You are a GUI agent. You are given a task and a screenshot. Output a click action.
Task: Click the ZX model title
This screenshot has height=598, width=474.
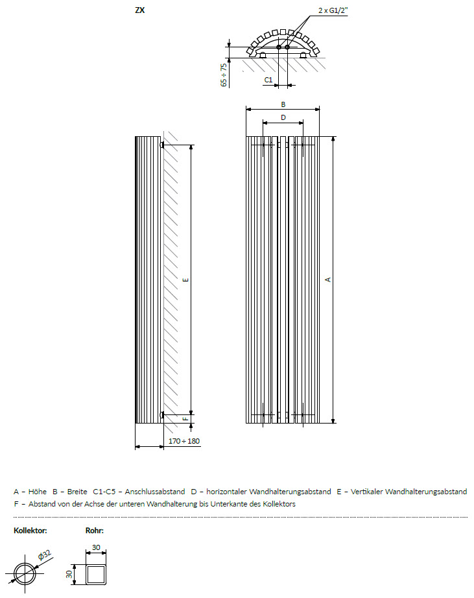pos(140,10)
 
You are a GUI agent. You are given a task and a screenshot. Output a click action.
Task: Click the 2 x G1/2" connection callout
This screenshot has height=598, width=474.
pos(333,10)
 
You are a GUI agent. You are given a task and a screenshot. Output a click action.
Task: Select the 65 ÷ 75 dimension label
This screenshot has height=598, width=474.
pos(224,75)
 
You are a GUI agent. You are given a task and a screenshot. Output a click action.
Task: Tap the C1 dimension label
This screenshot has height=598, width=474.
pos(268,80)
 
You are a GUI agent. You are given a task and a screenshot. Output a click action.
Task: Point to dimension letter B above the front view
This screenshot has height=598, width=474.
pos(283,104)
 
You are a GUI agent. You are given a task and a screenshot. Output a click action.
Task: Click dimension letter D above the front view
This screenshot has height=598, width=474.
pos(283,117)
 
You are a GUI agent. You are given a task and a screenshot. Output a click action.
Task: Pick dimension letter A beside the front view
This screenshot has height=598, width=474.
pos(328,280)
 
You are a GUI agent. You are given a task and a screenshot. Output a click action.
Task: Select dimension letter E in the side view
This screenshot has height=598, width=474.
pos(185,280)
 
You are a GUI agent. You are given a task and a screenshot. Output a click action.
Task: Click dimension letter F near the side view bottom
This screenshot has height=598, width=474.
pos(185,419)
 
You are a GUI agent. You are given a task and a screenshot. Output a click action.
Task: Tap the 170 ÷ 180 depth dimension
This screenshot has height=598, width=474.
pos(184,441)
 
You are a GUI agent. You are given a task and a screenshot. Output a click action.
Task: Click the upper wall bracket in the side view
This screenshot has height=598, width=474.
pos(162,145)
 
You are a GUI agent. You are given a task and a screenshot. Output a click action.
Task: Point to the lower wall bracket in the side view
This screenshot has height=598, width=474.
pos(162,414)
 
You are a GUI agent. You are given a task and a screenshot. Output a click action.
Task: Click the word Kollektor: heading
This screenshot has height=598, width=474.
pos(30,531)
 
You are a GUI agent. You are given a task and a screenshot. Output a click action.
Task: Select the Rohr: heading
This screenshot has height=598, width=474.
pos(95,531)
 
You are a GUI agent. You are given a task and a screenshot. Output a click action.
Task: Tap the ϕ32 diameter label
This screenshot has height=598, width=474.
pos(45,555)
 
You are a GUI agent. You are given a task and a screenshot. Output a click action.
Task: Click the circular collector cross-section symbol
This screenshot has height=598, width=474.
pos(25,573)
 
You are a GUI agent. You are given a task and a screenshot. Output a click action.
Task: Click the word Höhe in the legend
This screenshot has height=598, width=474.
pos(38,492)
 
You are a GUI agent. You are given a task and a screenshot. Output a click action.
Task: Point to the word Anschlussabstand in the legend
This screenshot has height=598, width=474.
pos(155,492)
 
